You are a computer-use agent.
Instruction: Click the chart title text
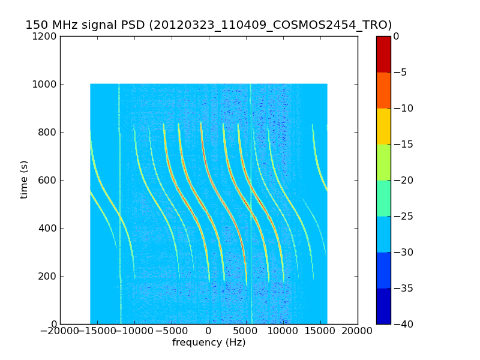coord(208,25)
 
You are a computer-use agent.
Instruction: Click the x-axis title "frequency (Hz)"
coord(209,343)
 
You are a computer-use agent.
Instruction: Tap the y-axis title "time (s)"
coord(24,179)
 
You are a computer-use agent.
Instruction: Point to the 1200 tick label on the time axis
coord(46,37)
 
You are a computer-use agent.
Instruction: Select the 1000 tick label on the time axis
coord(46,85)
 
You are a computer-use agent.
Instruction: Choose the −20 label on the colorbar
coord(403,181)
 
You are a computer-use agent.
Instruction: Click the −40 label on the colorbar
coord(403,325)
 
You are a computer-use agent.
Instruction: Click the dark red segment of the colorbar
coord(383,54)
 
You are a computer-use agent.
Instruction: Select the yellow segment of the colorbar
coord(383,126)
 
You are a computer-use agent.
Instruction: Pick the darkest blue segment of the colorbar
coord(383,306)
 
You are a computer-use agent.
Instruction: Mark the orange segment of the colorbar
coord(383,90)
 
